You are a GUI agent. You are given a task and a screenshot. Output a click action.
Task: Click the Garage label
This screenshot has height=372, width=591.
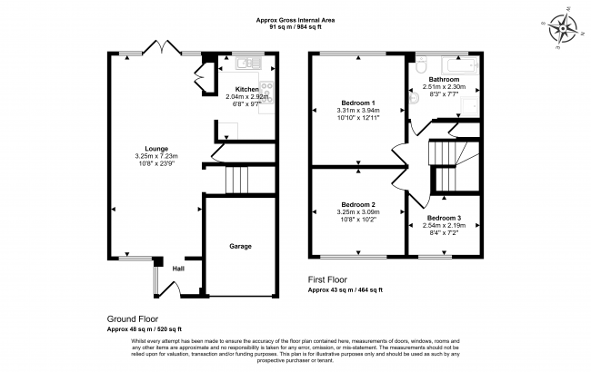pos(240,246)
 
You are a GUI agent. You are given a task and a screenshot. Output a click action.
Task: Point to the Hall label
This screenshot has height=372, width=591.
pos(179,269)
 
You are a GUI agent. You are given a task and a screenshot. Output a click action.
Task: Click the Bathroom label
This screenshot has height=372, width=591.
pos(445,79)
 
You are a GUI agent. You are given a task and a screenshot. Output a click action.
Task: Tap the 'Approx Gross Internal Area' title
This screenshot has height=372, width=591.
pos(295,20)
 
